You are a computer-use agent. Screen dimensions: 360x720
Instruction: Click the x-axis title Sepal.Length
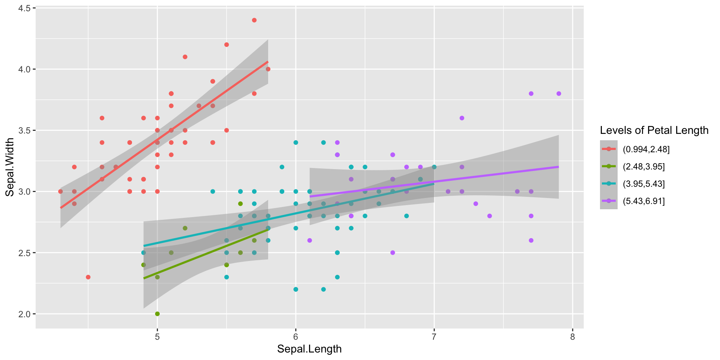pos(309,349)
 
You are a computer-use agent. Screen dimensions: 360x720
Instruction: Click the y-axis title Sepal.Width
pos(10,167)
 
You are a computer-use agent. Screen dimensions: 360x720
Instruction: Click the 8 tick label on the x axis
pos(573,337)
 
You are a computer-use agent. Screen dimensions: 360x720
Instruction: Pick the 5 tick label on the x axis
pos(157,337)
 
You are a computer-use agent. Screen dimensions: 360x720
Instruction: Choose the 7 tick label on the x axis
pos(434,337)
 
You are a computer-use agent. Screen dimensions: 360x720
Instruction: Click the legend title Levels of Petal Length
pos(654,130)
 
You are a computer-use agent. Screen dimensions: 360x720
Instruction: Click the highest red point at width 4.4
pos(254,20)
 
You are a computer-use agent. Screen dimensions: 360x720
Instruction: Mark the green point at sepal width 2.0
pos(157,314)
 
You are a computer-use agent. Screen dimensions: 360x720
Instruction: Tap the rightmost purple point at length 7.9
pos(559,94)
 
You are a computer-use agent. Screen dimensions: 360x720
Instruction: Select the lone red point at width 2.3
pos(88,277)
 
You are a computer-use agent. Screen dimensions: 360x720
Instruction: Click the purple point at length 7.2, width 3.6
pos(462,118)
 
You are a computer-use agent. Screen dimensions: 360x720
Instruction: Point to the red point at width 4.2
pos(226,45)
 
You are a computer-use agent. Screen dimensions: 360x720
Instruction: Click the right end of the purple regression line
pos(559,167)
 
